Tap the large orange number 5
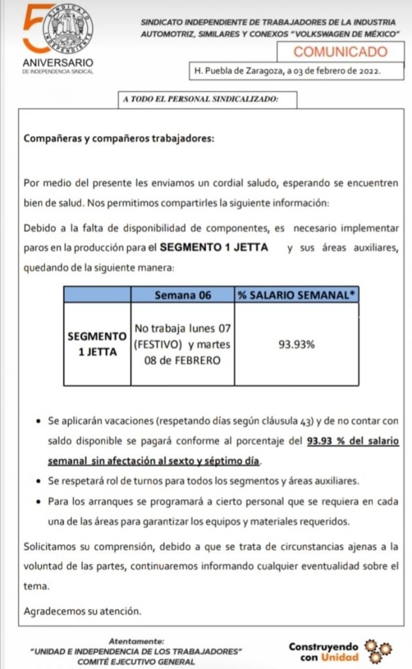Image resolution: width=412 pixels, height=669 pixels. (x=34, y=29)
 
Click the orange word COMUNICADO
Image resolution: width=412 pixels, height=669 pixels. (x=339, y=52)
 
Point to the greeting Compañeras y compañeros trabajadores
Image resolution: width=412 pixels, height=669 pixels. (x=118, y=139)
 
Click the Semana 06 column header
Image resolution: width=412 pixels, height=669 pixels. (x=182, y=295)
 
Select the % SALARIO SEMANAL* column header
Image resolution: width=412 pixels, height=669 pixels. (x=297, y=295)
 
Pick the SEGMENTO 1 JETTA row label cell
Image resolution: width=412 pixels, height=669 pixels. (x=97, y=343)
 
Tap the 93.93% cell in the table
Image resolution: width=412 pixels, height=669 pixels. (x=296, y=343)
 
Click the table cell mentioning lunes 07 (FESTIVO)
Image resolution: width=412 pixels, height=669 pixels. (x=182, y=343)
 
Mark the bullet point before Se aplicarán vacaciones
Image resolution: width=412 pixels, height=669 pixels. (x=40, y=422)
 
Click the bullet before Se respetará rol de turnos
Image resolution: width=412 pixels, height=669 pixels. (x=40, y=481)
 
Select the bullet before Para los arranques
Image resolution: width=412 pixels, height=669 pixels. (x=40, y=502)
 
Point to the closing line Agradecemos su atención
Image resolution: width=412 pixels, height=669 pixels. (x=82, y=612)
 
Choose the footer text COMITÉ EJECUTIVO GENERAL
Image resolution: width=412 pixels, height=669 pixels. (x=137, y=661)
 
